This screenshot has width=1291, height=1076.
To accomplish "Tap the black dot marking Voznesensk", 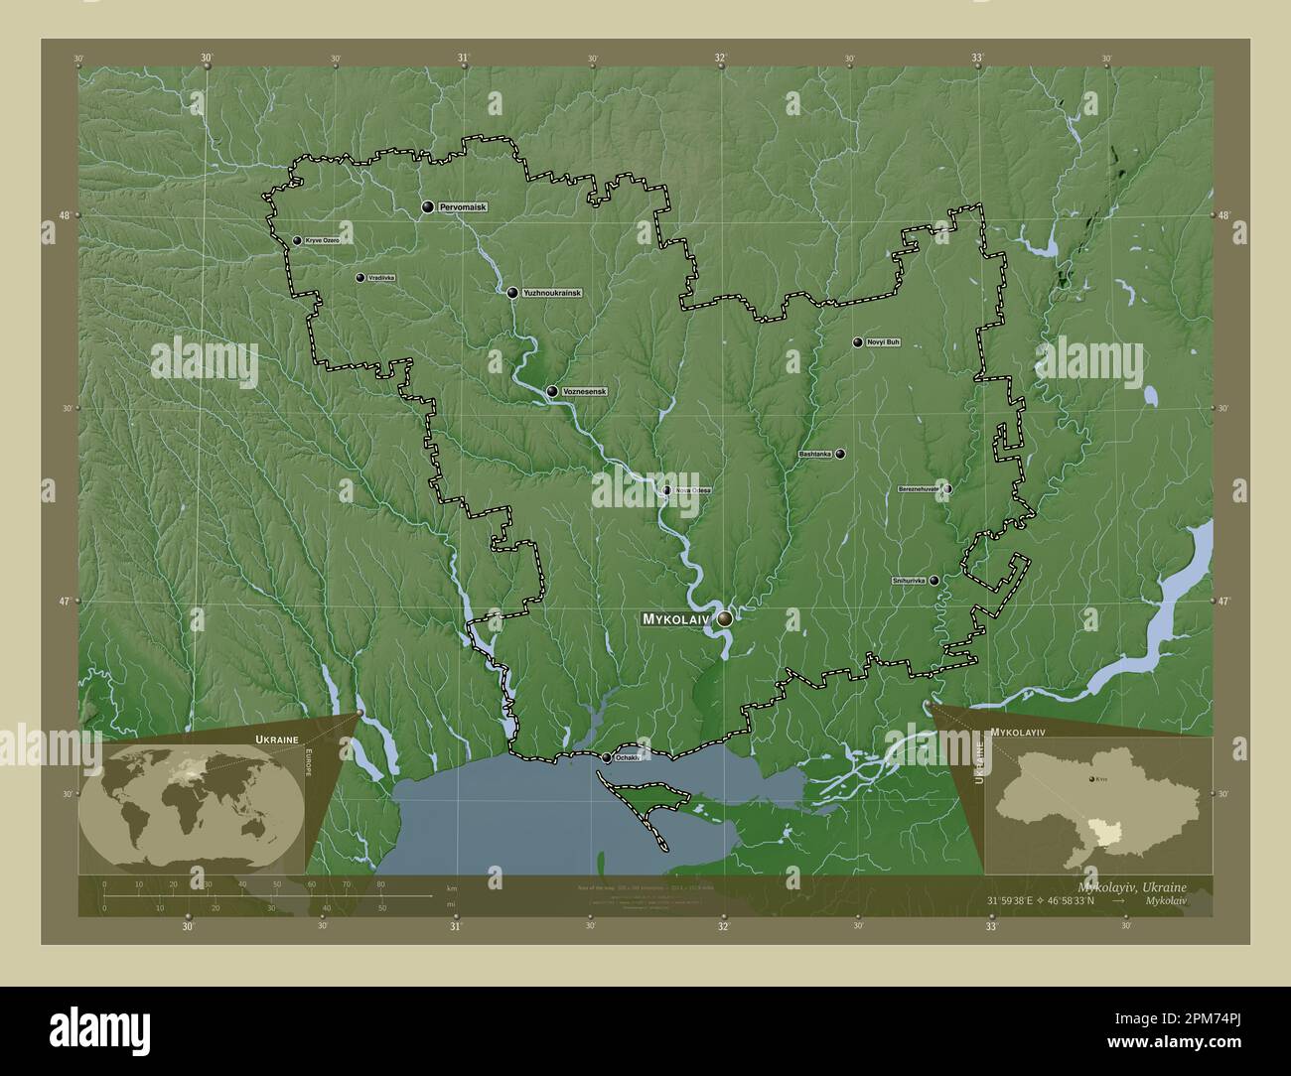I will point(551,391).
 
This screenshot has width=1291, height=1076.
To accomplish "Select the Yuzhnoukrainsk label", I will point(551,293).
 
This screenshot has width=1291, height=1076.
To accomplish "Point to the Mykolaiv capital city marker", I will point(725,618).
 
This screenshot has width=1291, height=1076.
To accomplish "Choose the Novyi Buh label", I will point(883,342).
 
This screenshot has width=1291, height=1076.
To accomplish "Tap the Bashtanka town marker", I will point(840,454).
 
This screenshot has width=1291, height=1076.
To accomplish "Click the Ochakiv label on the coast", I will point(626,757).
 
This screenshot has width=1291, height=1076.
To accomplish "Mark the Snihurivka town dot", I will point(934,580).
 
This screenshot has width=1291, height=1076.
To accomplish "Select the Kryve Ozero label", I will point(323,241).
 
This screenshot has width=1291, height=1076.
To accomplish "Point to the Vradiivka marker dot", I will point(359,278).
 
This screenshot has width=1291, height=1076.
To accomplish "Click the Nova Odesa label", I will point(692,489).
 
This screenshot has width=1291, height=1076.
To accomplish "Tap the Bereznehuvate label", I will point(919,489).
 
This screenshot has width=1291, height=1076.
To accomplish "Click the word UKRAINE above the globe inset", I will point(275,740).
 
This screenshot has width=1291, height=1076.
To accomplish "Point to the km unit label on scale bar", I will point(452,886).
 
